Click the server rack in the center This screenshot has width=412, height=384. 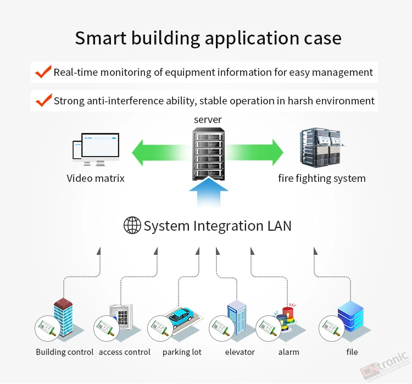208,154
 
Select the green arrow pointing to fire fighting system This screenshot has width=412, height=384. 254,153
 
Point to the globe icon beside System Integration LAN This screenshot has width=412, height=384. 132,225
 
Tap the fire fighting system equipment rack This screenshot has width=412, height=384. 321,147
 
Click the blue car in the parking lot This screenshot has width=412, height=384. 181,317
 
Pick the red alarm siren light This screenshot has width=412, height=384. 288,315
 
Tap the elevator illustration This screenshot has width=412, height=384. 237,318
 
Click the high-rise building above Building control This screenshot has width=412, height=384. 63,317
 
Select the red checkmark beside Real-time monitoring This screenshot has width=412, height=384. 43,72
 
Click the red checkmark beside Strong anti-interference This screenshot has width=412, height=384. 43,100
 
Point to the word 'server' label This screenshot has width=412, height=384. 208,120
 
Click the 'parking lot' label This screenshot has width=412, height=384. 182,352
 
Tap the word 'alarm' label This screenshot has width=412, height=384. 289,352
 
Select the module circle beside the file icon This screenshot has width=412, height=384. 332,329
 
